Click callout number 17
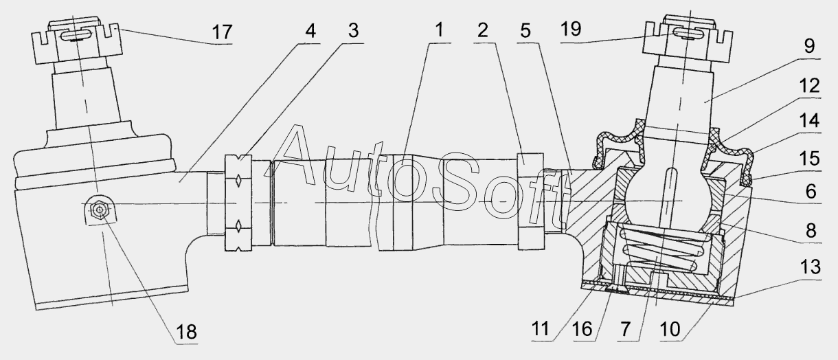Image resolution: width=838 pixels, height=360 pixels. [223, 32]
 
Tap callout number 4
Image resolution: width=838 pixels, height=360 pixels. [310, 31]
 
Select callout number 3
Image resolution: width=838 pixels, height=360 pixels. [353, 31]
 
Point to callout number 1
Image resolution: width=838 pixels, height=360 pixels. [440, 30]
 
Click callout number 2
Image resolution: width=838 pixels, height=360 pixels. [483, 30]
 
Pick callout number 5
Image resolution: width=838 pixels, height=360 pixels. [525, 30]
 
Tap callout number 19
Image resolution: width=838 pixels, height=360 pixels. [571, 29]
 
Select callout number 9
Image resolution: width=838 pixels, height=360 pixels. [809, 46]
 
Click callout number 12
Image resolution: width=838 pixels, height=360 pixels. [810, 86]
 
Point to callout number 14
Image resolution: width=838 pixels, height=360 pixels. [810, 121]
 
